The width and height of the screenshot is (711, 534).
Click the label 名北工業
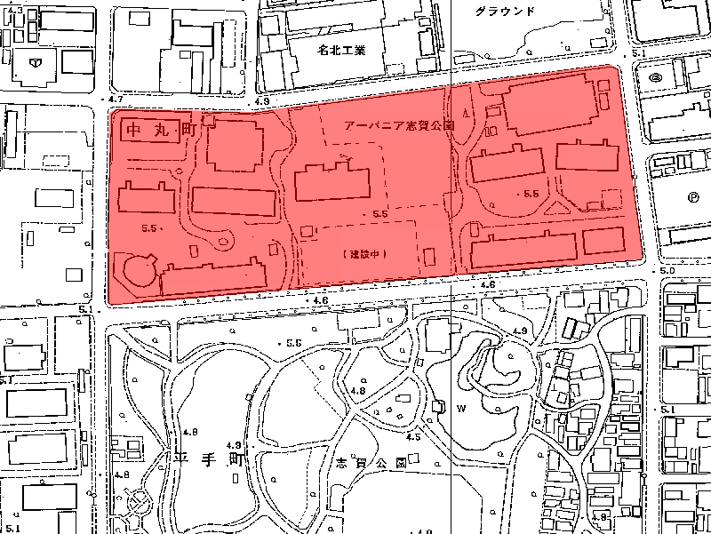point(341,51)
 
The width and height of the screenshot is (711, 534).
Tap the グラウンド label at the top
point(505,11)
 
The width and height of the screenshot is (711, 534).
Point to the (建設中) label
point(361,253)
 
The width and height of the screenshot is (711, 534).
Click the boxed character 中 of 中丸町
point(135,130)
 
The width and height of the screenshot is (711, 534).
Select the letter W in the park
point(460,410)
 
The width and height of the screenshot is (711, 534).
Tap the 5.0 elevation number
point(667,269)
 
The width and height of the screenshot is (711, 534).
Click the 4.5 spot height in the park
point(412,437)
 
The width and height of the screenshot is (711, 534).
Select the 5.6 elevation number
point(293,343)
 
